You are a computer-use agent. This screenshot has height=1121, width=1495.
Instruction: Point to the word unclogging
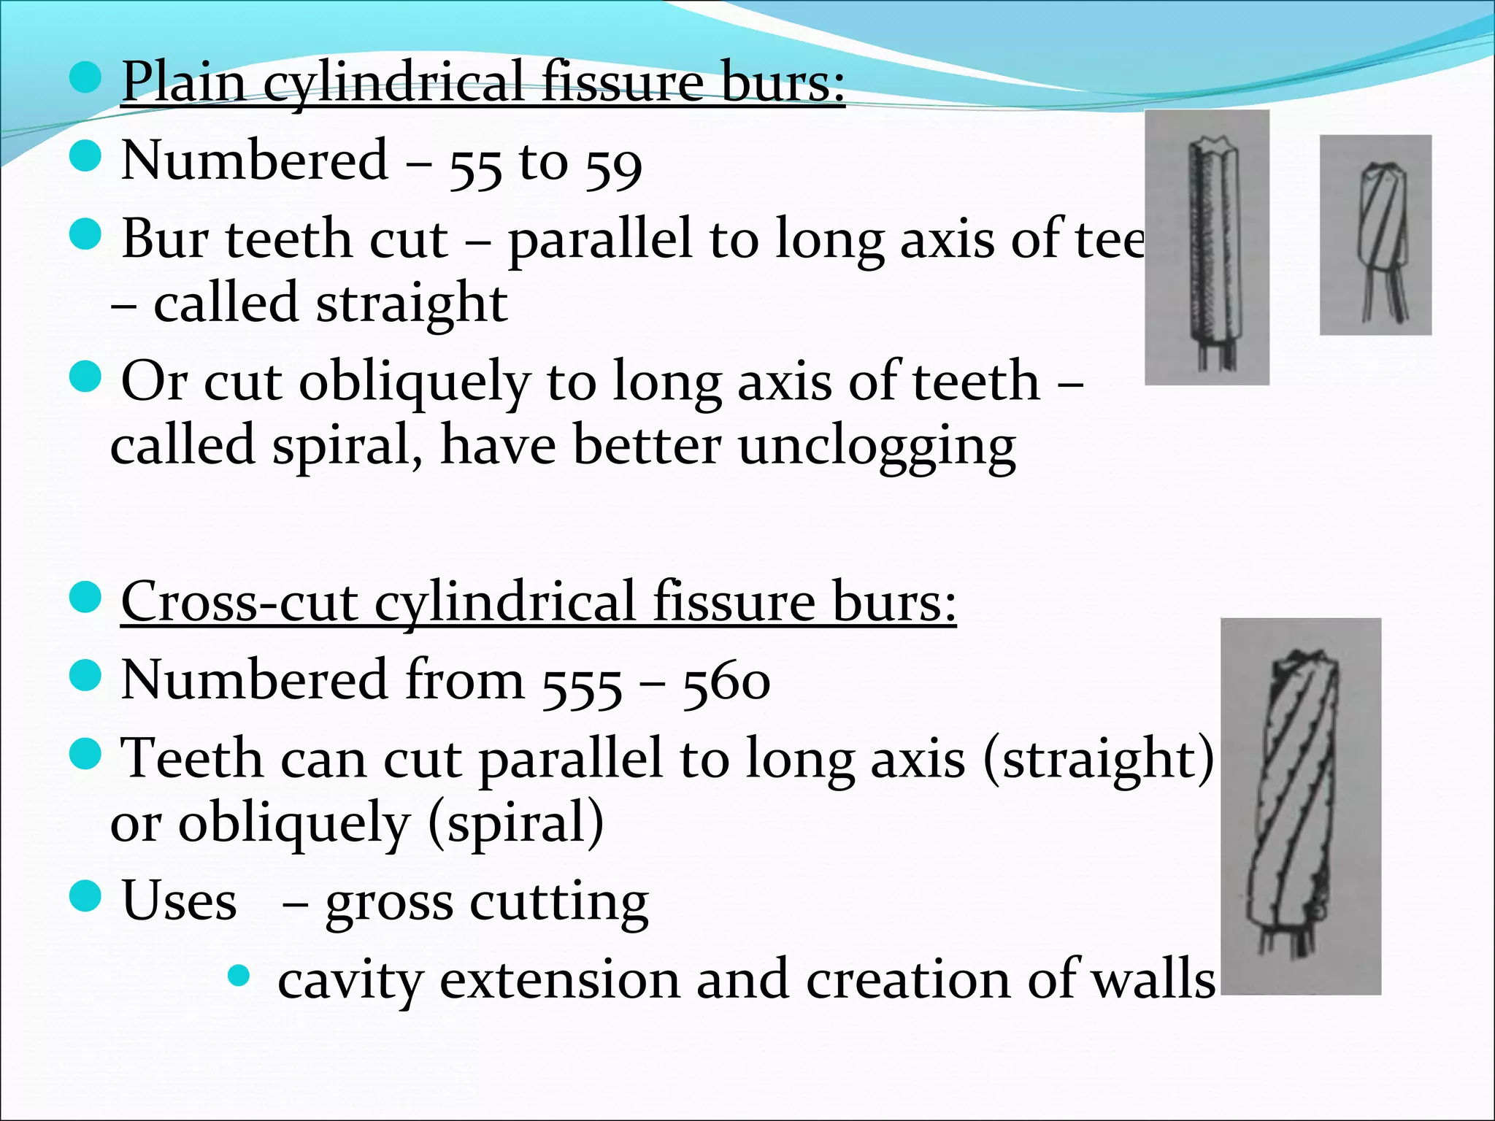pos(877,447)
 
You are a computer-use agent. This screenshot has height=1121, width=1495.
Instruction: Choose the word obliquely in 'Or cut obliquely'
pos(414,382)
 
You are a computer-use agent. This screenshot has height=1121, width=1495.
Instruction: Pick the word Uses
pos(179,901)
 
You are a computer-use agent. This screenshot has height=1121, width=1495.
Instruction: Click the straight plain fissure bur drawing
pos(1207,248)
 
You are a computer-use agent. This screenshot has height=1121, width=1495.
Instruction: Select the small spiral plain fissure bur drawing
pos(1375,235)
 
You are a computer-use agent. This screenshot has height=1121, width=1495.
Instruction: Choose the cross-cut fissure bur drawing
pos(1300,806)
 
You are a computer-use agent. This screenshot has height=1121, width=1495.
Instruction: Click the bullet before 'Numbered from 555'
pos(85,675)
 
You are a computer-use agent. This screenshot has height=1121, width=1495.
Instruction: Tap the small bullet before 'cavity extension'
pos(239,975)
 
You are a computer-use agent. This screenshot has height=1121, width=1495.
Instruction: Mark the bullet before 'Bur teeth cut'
pos(85,235)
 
